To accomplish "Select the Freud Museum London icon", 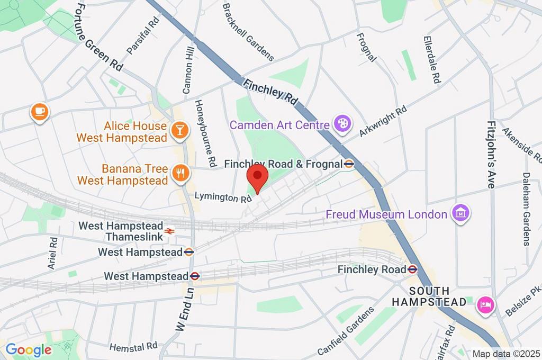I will coord(460,214).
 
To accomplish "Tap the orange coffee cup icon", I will coord(40,112).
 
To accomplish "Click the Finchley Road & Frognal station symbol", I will coord(349,164).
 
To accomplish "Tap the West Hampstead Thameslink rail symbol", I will coord(169,231).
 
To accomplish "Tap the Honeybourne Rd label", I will coord(206,131).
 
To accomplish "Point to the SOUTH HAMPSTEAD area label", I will coord(429,296).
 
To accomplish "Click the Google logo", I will coord(28,349).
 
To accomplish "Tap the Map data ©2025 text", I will coord(506,354).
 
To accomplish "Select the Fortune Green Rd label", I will coord(98,36).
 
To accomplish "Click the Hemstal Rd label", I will coord(133,346).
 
